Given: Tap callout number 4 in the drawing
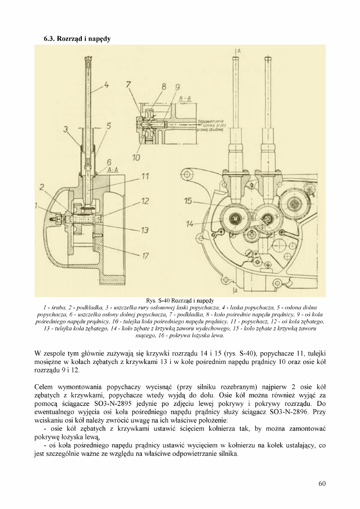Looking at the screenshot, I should click(x=107, y=87).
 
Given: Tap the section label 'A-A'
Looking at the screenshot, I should click(x=111, y=170).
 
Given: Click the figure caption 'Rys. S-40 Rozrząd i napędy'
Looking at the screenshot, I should click(x=180, y=301).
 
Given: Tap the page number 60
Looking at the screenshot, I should click(x=322, y=484).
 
